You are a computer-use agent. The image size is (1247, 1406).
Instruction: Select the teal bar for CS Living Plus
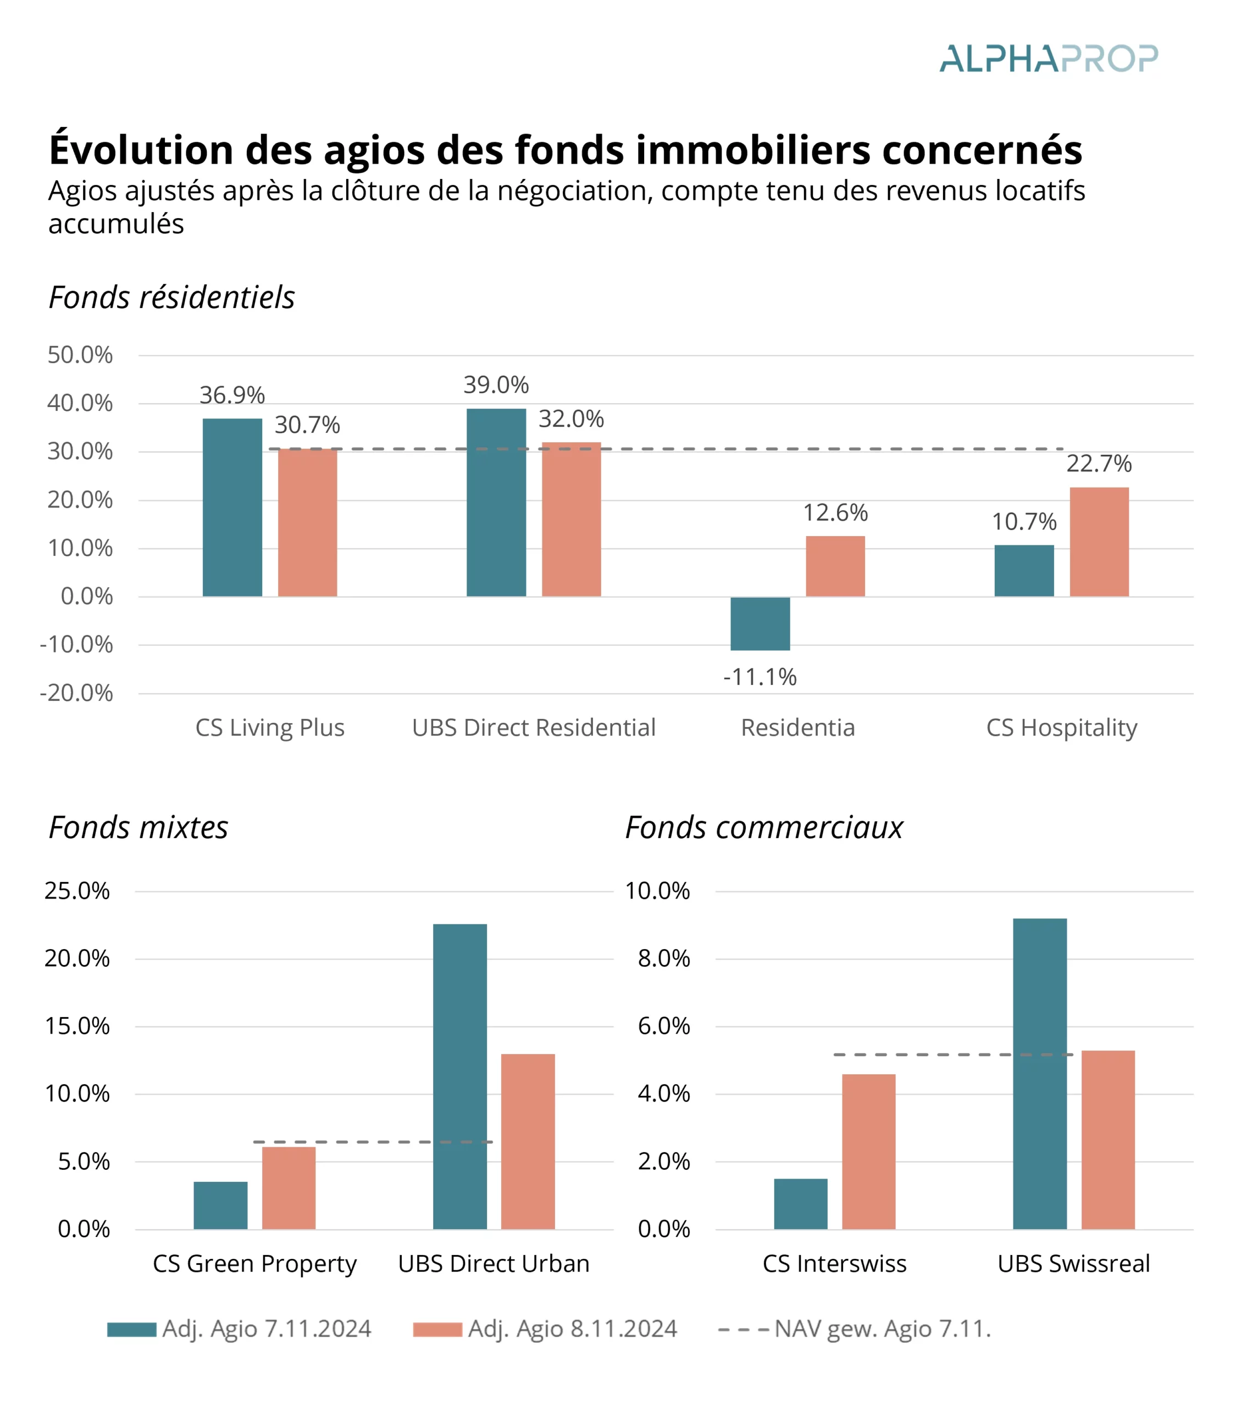coord(232,507)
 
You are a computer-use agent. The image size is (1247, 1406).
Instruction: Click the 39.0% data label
coord(496,385)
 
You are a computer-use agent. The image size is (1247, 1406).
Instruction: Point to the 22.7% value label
coord(1099,464)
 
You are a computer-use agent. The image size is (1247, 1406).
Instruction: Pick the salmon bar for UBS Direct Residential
coord(570,520)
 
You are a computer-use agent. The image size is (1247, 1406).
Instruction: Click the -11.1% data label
coord(759,677)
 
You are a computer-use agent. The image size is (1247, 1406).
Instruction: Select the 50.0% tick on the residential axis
coord(80,355)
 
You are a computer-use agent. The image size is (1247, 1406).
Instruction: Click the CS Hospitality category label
coord(1061,728)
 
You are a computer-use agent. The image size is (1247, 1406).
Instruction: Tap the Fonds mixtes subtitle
coord(138,828)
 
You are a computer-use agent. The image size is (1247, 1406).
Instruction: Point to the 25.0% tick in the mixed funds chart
coord(77,891)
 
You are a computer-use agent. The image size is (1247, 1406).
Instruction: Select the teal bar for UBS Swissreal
coord(1039,1074)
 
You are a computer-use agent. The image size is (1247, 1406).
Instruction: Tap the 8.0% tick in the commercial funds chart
coord(663,958)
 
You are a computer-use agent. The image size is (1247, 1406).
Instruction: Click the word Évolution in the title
coord(141,150)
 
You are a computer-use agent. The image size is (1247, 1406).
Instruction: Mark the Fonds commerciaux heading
coord(763,828)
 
